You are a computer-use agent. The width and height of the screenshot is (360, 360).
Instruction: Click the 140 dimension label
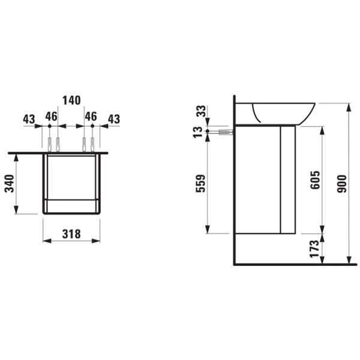71,100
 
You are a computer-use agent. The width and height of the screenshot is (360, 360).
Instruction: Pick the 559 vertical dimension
200,183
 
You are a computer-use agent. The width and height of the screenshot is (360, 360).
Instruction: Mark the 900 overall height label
341,184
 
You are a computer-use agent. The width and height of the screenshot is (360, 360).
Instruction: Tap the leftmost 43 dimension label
29,119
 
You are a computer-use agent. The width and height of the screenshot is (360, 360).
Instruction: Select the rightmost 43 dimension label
113,119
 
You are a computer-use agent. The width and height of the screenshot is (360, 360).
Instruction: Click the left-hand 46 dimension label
51,116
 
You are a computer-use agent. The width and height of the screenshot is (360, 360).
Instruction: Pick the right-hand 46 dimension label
91,116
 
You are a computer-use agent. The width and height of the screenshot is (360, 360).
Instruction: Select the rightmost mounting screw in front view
93,143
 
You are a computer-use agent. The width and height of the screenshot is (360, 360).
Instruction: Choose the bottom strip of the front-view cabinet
71,206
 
